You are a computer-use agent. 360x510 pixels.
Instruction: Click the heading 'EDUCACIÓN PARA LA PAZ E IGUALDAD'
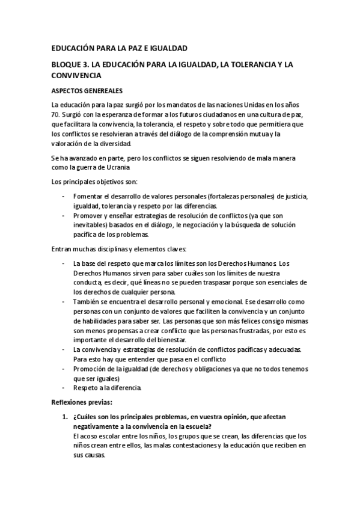[x=120, y=47]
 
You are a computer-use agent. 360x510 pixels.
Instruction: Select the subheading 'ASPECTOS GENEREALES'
[x=88, y=91]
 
